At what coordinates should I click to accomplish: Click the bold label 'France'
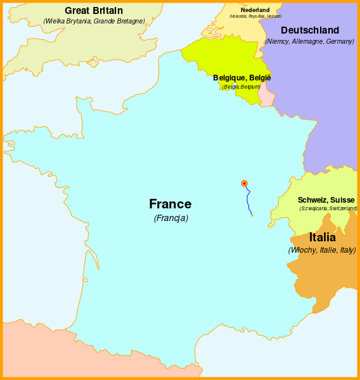point(170,204)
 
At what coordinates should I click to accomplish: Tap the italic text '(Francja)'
point(170,218)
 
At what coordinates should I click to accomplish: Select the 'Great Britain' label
point(94,10)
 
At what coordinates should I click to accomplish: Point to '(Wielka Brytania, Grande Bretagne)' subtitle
point(94,21)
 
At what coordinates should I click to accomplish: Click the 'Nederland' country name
point(255,9)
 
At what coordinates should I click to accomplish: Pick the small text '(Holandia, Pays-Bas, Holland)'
point(255,16)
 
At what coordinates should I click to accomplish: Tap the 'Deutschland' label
point(309,30)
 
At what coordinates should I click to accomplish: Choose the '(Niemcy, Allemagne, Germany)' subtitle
point(309,41)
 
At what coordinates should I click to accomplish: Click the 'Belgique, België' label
point(241,77)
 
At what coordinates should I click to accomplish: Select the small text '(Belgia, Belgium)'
point(241,86)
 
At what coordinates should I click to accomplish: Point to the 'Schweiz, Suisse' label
point(326,200)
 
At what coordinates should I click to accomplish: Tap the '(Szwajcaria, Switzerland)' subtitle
point(328,208)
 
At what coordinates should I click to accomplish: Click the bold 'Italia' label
point(323,237)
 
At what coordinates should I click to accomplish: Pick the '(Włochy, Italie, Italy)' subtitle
point(322,250)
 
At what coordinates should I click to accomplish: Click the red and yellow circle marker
point(245,184)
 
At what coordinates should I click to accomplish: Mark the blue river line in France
point(248,199)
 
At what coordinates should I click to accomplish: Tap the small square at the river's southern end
point(252,215)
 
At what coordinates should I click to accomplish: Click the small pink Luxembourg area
point(267,98)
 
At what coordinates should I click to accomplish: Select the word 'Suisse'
point(342,200)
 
